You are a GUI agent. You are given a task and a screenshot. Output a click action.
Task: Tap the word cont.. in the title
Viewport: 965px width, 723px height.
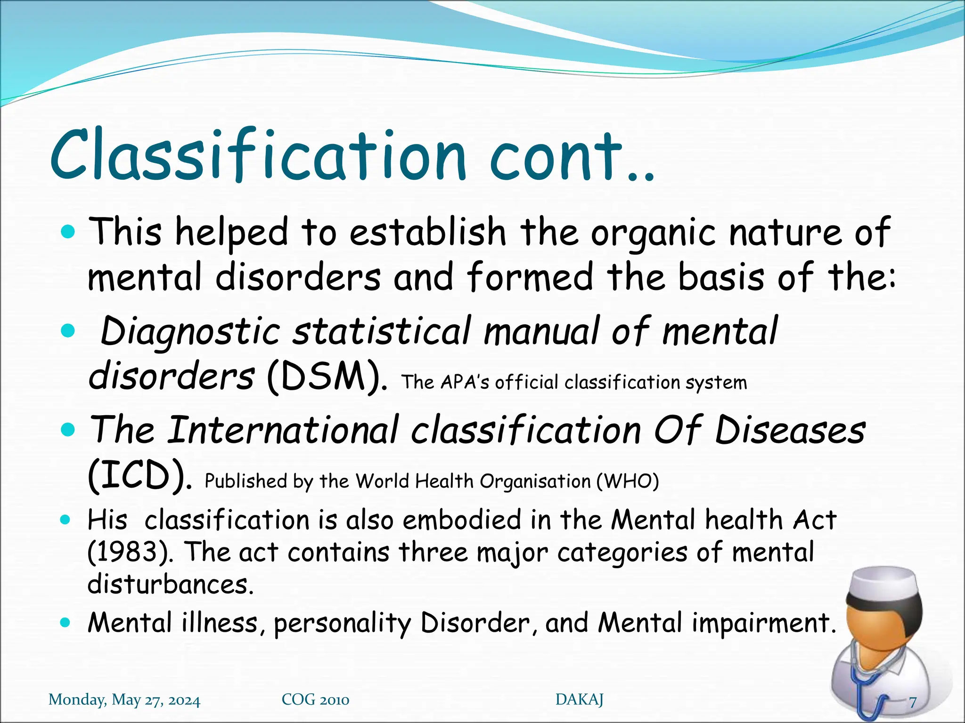(x=570, y=158)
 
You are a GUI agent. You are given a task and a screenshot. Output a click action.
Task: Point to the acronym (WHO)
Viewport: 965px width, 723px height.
(x=627, y=481)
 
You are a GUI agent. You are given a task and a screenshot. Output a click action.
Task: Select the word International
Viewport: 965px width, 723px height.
(x=283, y=430)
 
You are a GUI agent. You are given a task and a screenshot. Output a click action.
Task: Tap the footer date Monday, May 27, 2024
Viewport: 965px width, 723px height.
(x=124, y=700)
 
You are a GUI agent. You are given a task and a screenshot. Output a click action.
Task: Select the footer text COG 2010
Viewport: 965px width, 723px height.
(x=315, y=700)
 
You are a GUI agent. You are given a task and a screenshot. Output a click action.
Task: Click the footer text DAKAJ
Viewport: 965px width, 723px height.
(x=579, y=700)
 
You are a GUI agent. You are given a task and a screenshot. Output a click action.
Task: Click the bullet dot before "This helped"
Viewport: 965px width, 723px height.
(x=68, y=232)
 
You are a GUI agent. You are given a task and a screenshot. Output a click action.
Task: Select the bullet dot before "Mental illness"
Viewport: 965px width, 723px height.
(x=65, y=623)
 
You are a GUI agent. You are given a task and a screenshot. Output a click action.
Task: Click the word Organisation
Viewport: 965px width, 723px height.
(x=535, y=481)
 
